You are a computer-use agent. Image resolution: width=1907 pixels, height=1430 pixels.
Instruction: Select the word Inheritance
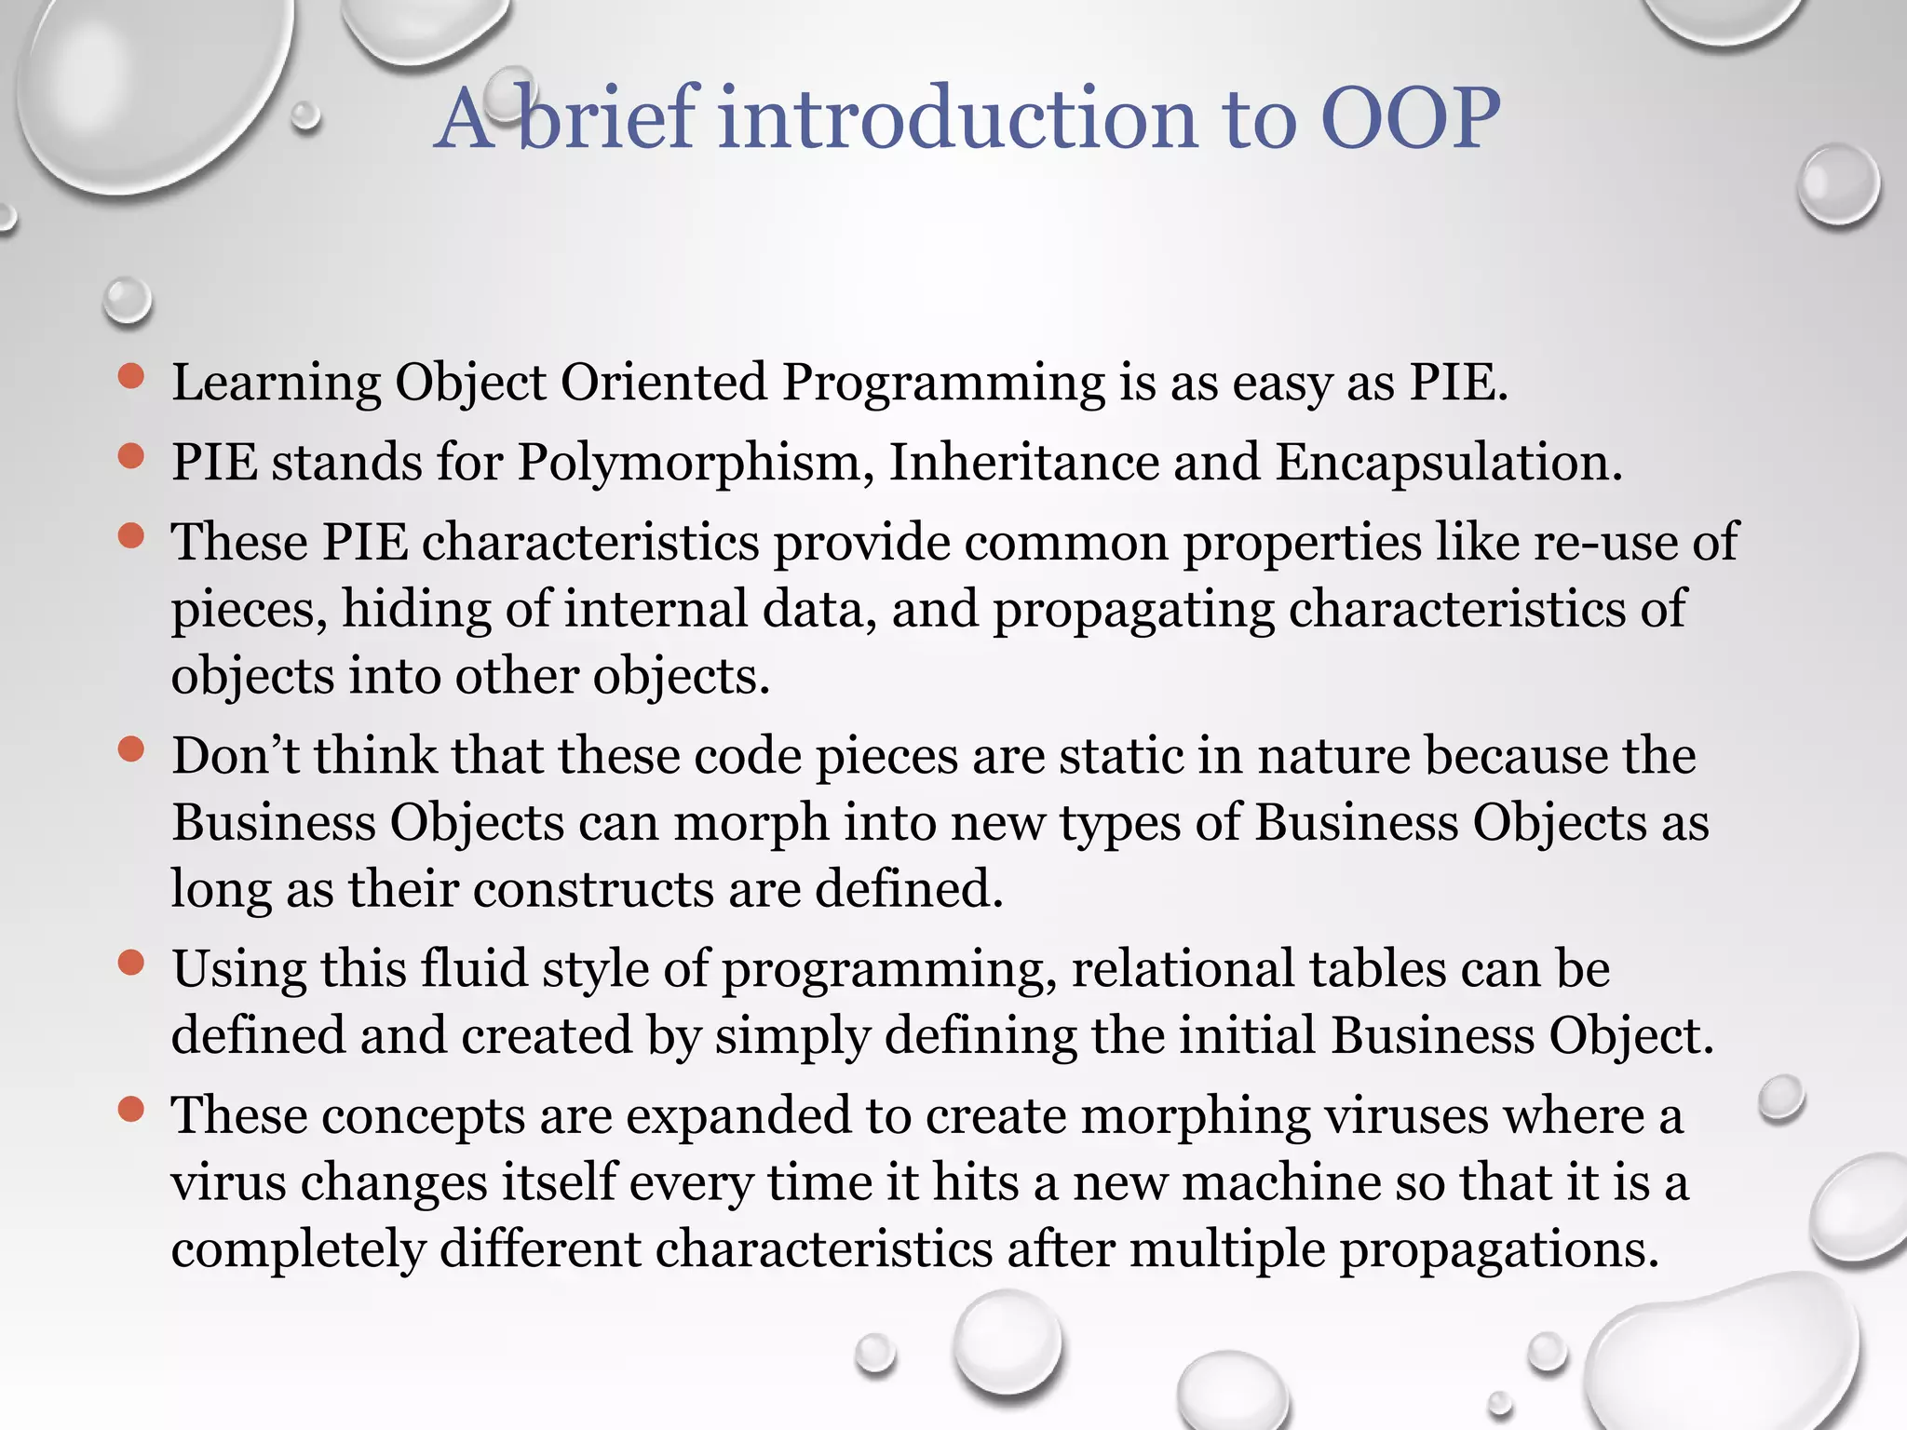click(1023, 463)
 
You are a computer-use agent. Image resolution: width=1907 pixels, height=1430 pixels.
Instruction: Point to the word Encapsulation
click(1448, 463)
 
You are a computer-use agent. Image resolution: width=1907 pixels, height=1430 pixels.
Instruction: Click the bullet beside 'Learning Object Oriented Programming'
click(131, 376)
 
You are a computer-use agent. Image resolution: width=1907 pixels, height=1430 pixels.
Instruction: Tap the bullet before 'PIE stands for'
click(131, 456)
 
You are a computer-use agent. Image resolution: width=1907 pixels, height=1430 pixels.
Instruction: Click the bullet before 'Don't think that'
click(131, 749)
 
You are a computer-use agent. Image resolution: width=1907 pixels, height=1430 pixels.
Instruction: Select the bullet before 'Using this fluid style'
click(131, 963)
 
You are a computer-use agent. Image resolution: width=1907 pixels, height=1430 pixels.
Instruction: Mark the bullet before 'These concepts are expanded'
click(131, 1109)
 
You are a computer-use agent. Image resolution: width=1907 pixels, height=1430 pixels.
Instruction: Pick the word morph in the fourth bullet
click(751, 823)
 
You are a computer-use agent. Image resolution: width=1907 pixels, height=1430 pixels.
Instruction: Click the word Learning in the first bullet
click(276, 384)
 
